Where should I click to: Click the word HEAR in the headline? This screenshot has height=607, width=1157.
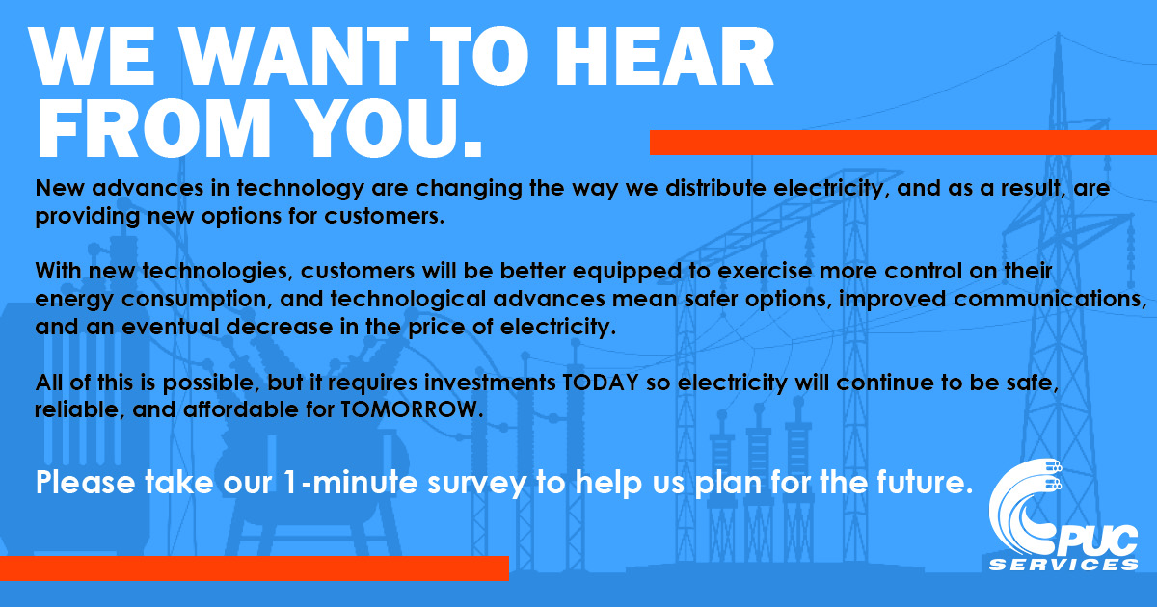[664, 56]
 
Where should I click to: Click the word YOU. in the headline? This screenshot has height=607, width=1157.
[390, 128]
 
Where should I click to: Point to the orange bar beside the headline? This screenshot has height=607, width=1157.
[903, 143]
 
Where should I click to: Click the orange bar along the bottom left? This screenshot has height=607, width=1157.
[255, 568]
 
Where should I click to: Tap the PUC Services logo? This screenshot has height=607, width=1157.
[1063, 515]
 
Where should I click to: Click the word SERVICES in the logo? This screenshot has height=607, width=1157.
[1063, 565]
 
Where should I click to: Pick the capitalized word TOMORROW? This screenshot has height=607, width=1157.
[411, 409]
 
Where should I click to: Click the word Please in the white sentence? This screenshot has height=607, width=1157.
[85, 482]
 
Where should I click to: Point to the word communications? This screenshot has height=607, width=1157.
[1050, 299]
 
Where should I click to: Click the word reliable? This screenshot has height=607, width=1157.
[80, 409]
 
